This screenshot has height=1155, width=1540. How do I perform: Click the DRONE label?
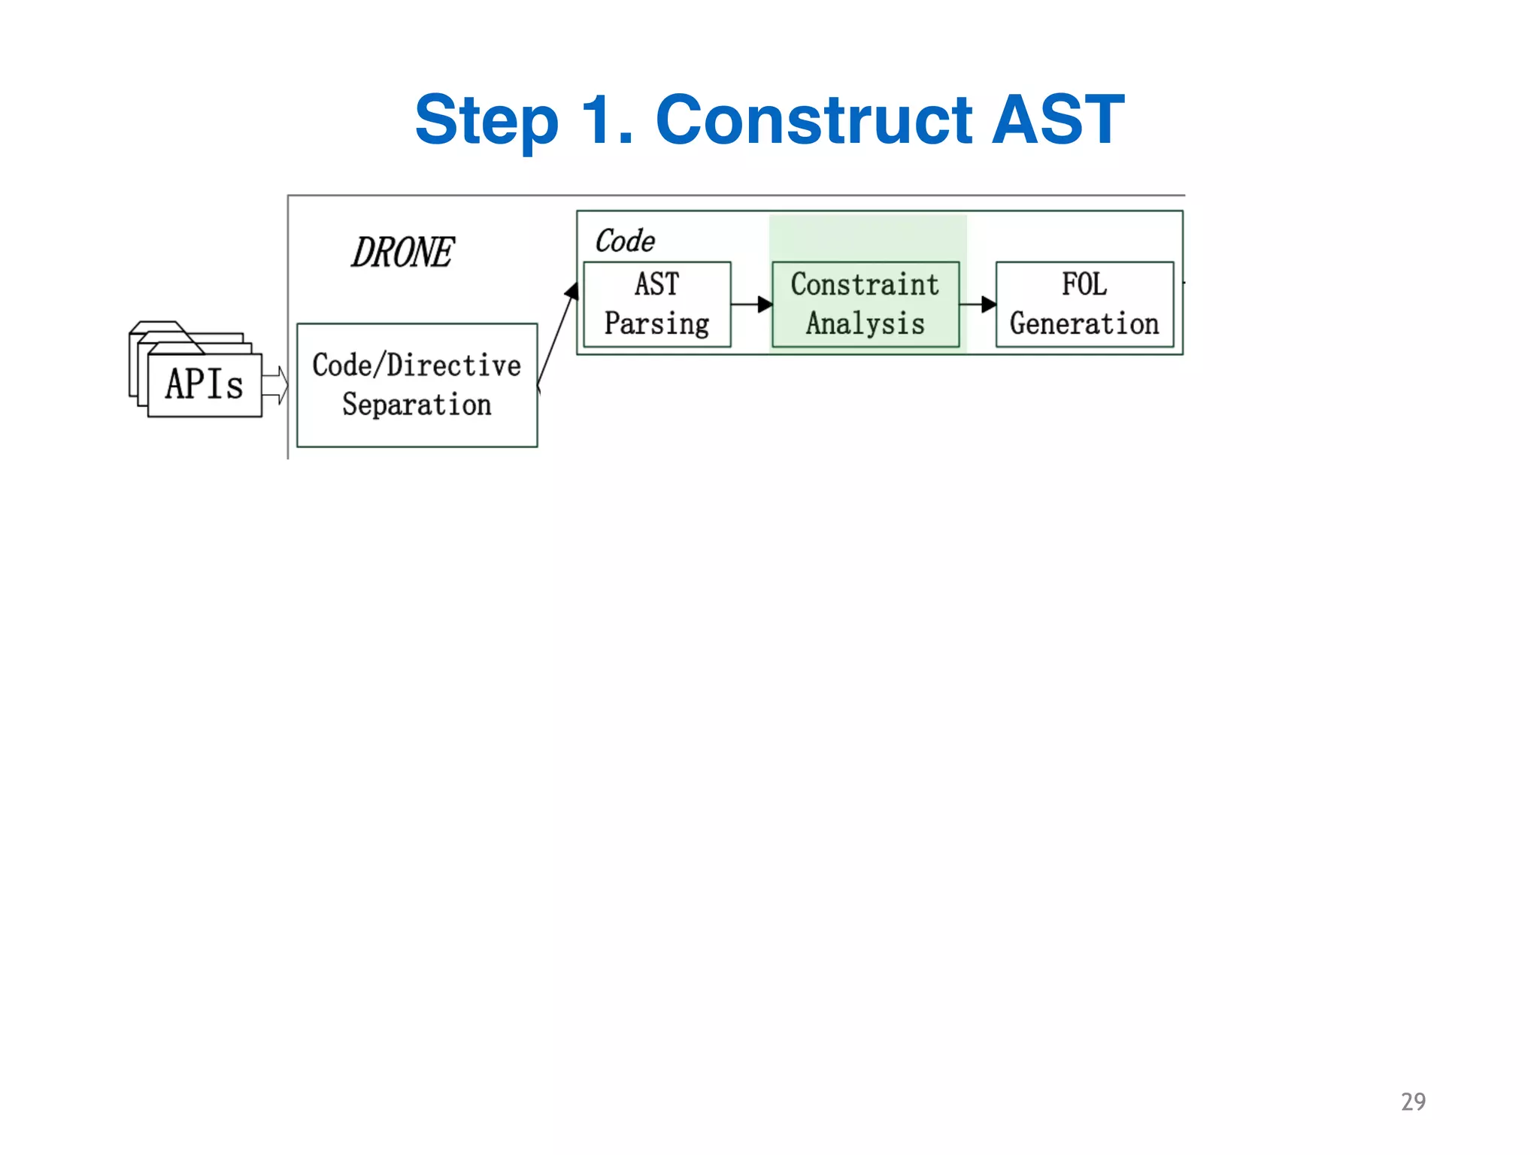point(403,253)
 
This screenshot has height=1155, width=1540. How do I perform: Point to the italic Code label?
point(624,241)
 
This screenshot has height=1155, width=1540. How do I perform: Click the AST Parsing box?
point(657,305)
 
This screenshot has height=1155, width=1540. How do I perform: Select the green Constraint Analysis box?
point(865,305)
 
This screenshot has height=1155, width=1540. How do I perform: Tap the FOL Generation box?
point(1084,305)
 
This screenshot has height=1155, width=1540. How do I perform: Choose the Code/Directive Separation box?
point(417,385)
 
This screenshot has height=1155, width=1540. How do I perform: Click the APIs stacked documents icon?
point(197,371)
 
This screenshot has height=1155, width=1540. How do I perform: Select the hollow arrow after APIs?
point(275,386)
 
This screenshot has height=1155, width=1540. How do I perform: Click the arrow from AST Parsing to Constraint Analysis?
point(752,305)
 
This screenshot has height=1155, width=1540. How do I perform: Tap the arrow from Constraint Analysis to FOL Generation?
point(978,305)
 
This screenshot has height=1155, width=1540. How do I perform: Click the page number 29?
point(1413,1102)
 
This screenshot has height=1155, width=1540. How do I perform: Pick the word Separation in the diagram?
point(417,405)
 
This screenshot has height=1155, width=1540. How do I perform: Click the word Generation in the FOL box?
point(1084,324)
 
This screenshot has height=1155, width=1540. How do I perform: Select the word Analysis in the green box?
point(865,324)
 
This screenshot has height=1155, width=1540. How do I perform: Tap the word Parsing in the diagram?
point(657,324)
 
